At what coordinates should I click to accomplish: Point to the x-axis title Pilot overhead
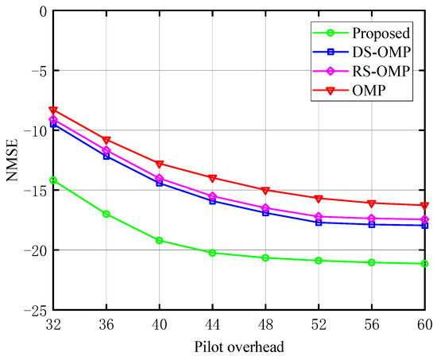point(239,346)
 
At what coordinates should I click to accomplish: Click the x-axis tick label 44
point(212,325)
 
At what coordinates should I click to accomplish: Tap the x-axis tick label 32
point(53,325)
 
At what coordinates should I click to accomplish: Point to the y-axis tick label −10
point(34,130)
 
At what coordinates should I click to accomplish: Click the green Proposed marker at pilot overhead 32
point(53,180)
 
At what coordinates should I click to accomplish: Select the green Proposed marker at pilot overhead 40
point(160,240)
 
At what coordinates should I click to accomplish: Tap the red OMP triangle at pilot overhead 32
point(53,110)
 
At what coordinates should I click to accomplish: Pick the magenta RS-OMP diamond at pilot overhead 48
point(265,208)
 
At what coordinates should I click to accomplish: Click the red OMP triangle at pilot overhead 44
point(212,178)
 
